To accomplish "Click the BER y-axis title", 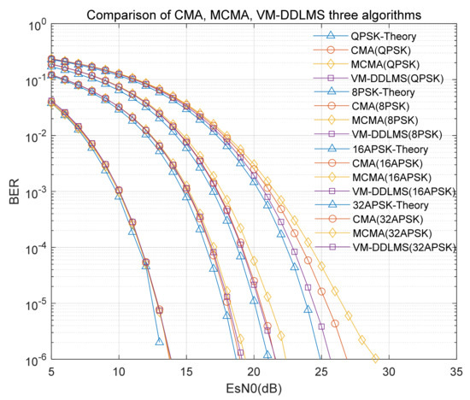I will click(11, 192).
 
